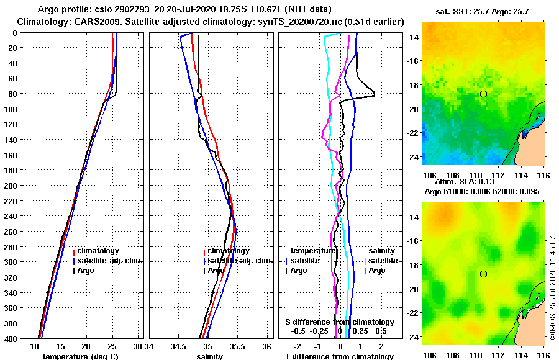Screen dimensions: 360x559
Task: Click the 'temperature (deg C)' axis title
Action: pyautogui.click(x=80, y=356)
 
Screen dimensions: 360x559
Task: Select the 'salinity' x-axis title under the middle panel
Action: pyautogui.click(x=209, y=356)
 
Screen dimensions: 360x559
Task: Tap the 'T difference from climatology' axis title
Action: pyautogui.click(x=339, y=356)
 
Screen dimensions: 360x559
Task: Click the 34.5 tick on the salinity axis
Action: pyautogui.click(x=179, y=346)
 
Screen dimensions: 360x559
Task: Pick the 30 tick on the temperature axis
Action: pyautogui.click(x=138, y=346)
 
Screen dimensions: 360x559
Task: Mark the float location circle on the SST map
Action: pyautogui.click(x=483, y=94)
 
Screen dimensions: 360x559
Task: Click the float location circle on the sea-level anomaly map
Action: pyautogui.click(x=483, y=274)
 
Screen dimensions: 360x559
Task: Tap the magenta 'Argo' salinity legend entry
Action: pyautogui.click(x=376, y=271)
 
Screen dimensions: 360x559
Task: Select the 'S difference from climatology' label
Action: pyautogui.click(x=339, y=322)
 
